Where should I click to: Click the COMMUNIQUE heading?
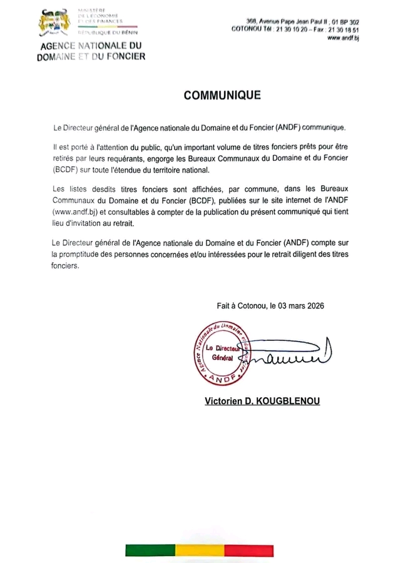click(222, 96)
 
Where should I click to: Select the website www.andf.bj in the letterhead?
click(342, 38)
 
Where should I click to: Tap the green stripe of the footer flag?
click(150, 550)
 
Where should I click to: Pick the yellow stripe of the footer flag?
click(199, 550)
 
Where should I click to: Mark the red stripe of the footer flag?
click(248, 550)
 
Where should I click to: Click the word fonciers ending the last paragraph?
click(66, 265)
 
